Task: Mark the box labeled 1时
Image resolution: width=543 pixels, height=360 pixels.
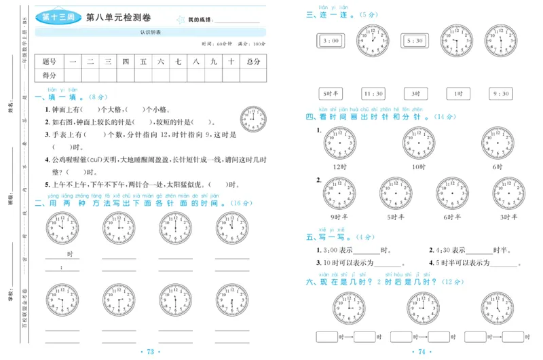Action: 458,94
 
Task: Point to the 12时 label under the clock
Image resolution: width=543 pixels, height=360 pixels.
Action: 340,166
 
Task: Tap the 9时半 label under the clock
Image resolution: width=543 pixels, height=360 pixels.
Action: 340,217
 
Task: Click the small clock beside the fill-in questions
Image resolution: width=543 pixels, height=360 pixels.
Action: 253,118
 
